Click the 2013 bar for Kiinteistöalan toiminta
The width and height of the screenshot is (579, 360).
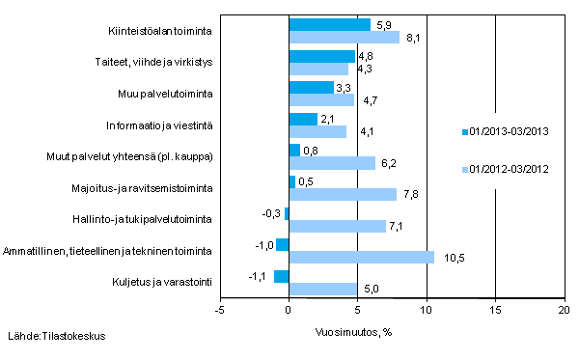coord(329,24)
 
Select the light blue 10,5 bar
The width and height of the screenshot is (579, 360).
coord(362,258)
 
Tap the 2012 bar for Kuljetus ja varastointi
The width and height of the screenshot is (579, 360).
coord(323,289)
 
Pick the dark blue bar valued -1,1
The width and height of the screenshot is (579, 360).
coord(282,276)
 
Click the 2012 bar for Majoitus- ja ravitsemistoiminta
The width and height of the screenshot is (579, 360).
coord(343,194)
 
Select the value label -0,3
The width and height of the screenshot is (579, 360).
coord(271,213)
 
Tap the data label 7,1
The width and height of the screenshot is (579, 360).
coord(399,226)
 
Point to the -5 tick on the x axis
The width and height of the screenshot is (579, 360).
coord(220,311)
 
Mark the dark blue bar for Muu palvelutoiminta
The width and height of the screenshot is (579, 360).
coord(312,87)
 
